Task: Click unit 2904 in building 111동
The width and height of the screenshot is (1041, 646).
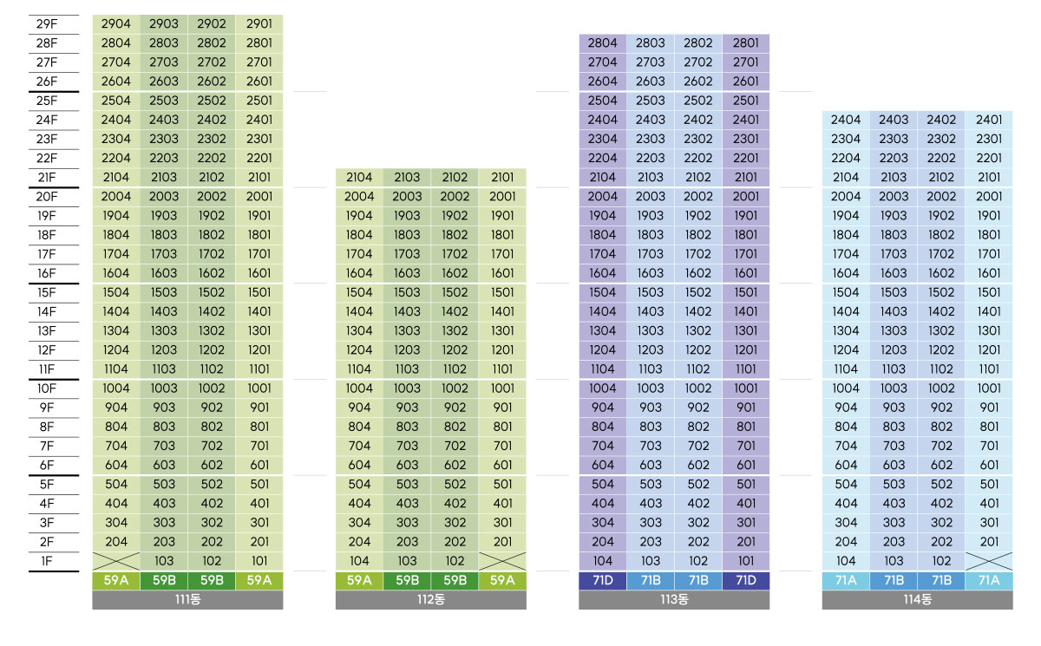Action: (x=116, y=24)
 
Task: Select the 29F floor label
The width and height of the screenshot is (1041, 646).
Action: (x=47, y=24)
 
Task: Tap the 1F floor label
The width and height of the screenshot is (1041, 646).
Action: (x=47, y=561)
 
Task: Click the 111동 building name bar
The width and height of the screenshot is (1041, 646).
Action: (x=187, y=600)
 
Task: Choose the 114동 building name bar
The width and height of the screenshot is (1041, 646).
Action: (x=917, y=600)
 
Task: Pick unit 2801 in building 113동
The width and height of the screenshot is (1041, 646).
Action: (x=746, y=43)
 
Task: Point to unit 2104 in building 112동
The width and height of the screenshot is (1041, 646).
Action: (x=359, y=178)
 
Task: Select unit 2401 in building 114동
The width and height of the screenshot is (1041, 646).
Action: (x=989, y=120)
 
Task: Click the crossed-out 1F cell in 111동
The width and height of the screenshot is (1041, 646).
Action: (x=116, y=561)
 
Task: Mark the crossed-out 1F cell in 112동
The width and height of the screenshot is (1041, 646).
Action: (x=502, y=561)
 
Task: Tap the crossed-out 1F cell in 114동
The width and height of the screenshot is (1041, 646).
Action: (x=989, y=561)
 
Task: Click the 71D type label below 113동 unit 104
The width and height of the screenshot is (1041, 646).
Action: (x=603, y=581)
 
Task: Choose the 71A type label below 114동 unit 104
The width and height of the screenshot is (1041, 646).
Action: (x=846, y=581)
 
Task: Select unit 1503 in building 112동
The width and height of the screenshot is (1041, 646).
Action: (x=407, y=292)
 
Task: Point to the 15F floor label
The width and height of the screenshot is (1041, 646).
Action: (x=47, y=292)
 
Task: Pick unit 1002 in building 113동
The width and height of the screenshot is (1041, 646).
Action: (x=698, y=388)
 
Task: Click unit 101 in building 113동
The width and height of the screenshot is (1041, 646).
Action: (x=746, y=561)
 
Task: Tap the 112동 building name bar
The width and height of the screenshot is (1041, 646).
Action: (x=430, y=600)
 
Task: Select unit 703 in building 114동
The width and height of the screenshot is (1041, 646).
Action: (x=894, y=446)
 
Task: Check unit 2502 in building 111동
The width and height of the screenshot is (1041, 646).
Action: (x=212, y=101)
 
